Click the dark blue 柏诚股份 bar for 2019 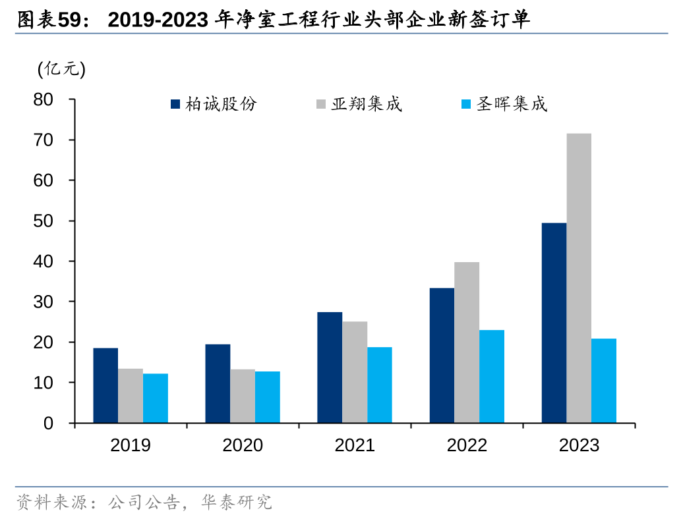tap(105, 385)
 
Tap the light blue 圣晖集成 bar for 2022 tap(492, 376)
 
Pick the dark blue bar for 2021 tap(330, 367)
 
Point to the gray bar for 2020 tap(243, 396)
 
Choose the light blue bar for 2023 tap(604, 381)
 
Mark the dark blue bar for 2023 tap(554, 323)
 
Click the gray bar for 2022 tap(467, 342)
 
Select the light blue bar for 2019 tap(156, 398)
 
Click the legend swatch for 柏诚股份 tap(175, 104)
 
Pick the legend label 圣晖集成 tap(512, 104)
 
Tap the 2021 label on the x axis tap(355, 445)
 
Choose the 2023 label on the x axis tap(579, 445)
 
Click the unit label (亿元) tap(62, 68)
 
